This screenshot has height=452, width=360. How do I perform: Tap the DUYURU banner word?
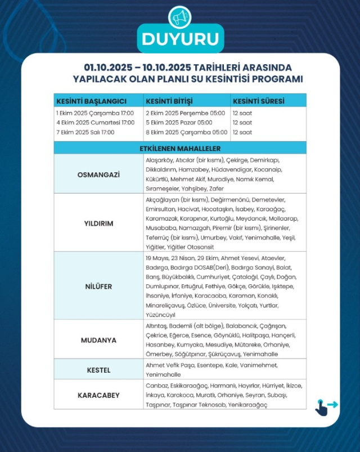click(x=180, y=39)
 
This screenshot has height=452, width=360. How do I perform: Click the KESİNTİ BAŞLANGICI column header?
click(x=91, y=101)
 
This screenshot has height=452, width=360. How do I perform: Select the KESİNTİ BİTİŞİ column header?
click(x=169, y=101)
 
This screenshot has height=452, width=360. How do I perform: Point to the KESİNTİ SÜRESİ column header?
click(x=259, y=101)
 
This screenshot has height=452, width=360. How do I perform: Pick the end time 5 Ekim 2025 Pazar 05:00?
click(x=179, y=122)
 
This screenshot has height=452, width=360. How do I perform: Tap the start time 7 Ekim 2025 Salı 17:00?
click(x=85, y=132)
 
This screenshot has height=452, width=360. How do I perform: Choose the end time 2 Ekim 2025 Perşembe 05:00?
click(x=186, y=112)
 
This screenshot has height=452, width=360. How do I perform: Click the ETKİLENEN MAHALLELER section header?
click(x=180, y=148)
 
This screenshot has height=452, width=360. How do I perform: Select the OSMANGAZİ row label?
click(x=98, y=174)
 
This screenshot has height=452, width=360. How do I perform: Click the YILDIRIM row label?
click(x=98, y=223)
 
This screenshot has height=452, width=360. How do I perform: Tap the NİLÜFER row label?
click(x=98, y=286)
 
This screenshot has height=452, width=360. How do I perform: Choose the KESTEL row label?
click(x=98, y=370)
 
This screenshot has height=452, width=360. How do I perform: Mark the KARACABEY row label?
click(x=98, y=395)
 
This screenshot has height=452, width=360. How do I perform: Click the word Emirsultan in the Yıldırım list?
click(x=160, y=209)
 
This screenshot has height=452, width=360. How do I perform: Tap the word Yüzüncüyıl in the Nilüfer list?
click(x=160, y=315)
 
